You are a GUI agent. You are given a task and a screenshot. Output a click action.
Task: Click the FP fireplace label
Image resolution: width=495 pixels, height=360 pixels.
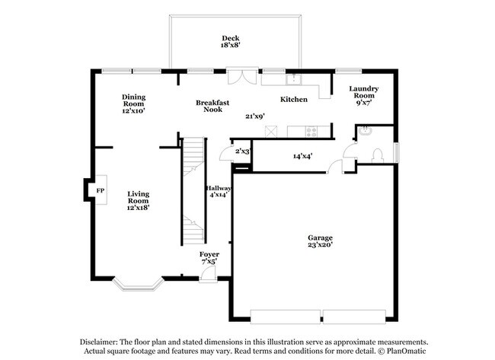pyautogui.click(x=100, y=190)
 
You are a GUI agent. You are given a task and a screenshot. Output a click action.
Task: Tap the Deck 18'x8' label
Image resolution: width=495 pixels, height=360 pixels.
pyautogui.click(x=230, y=43)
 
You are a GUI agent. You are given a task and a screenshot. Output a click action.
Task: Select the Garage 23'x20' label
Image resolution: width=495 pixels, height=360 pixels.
pyautogui.click(x=319, y=242)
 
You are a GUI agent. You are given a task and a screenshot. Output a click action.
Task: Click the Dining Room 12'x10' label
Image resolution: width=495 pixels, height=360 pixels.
pyautogui.click(x=133, y=103)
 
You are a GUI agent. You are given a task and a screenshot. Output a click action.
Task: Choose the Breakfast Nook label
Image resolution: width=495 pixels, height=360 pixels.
pyautogui.click(x=212, y=106)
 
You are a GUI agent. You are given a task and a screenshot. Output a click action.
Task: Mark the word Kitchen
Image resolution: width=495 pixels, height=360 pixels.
pyautogui.click(x=294, y=100)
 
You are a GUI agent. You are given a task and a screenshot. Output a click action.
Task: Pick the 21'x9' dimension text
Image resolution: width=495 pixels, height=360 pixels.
pyautogui.click(x=254, y=116)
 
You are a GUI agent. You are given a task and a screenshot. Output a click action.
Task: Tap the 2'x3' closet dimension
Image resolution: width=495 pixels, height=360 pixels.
pyautogui.click(x=242, y=151)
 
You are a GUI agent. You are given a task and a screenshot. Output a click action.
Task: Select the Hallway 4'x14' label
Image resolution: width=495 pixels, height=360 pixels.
pyautogui.click(x=218, y=193)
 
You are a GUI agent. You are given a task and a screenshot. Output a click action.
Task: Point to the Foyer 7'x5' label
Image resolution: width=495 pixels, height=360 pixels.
pyautogui.click(x=209, y=258)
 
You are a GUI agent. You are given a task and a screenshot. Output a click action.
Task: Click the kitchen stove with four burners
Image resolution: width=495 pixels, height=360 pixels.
pyautogui.click(x=311, y=131)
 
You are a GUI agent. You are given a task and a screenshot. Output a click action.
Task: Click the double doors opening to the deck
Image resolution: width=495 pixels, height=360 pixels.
pyautogui.click(x=242, y=76)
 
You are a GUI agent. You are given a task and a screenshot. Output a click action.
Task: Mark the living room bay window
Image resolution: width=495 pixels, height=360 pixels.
pyautogui.click(x=138, y=285)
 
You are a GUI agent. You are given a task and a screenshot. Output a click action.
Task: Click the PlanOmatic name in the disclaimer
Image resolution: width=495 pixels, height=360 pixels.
pyautogui.click(x=408, y=352)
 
